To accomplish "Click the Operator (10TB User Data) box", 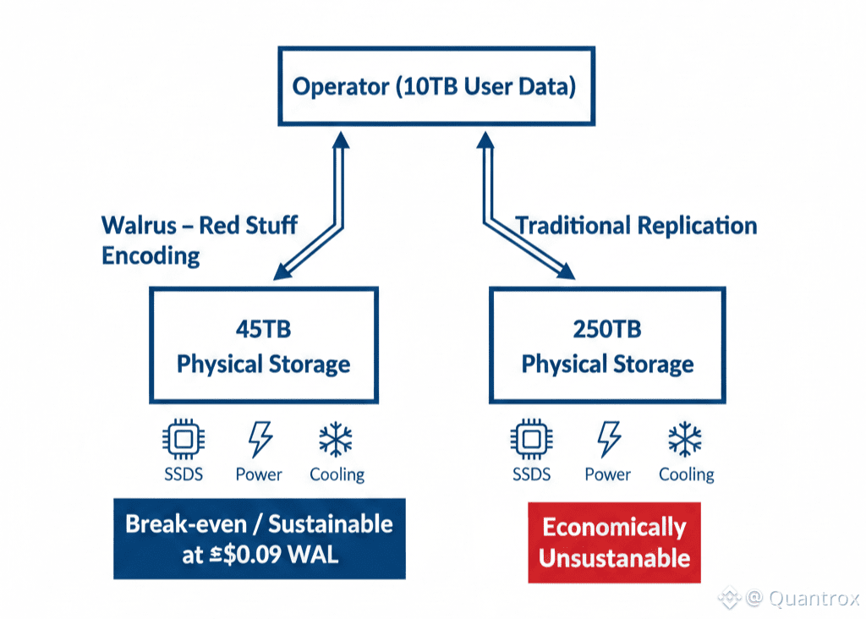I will pos(434,87).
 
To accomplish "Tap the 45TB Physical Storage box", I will pos(263,345).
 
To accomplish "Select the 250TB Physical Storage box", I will pos(607,345).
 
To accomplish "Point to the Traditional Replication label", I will pos(636,226).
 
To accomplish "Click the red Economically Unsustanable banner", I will pos(614,542).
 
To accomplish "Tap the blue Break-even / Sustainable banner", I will pos(259,539).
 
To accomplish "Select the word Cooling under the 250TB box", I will pos(686,474).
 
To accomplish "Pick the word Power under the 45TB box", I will pos(259,474).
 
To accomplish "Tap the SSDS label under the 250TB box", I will pos(531,474).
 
